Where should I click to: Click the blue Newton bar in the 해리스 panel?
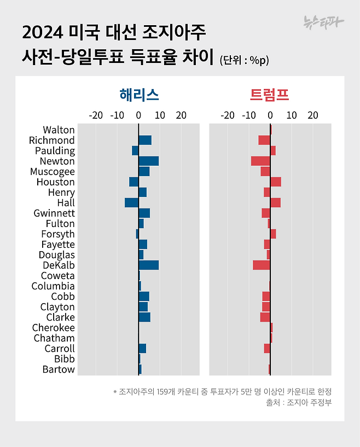[148, 161]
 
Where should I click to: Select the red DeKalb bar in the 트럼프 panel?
[261, 265]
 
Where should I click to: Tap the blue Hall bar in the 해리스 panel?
[131, 202]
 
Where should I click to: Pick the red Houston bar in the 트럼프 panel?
[275, 182]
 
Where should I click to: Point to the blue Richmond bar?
[145, 140]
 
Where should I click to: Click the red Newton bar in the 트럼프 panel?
[260, 161]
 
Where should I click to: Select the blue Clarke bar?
[144, 317]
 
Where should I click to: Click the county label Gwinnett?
[54, 213]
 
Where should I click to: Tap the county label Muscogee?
[53, 171]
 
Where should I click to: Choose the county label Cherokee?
[53, 327]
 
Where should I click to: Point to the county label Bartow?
[59, 369]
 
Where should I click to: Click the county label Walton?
[59, 130]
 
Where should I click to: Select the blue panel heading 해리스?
[139, 95]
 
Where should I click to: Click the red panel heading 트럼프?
[270, 95]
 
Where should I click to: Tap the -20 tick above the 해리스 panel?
[96, 115]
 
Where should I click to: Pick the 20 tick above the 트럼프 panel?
[312, 115]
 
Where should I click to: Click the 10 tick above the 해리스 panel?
[160, 115]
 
